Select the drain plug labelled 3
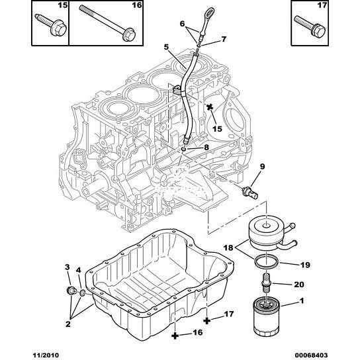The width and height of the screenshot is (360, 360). (x=69, y=291)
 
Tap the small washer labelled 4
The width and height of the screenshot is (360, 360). (x=82, y=292)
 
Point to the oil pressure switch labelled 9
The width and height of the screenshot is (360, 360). (x=250, y=192)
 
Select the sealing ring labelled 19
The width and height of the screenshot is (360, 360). (x=267, y=261)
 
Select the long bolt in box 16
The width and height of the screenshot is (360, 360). (x=107, y=22)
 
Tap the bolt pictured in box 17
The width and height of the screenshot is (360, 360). (x=310, y=26)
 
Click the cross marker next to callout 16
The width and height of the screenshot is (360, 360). (x=175, y=336)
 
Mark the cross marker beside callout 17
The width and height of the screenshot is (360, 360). (x=207, y=321)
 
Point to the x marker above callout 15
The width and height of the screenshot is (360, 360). (x=210, y=107)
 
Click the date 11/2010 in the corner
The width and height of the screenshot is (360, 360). (x=44, y=355)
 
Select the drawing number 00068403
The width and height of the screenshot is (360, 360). (x=310, y=355)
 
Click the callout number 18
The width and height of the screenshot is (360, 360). (x=228, y=247)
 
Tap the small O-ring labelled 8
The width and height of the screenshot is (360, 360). (x=184, y=150)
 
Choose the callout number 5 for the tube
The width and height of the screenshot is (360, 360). (x=166, y=47)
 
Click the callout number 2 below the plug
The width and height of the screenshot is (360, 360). (x=68, y=324)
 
